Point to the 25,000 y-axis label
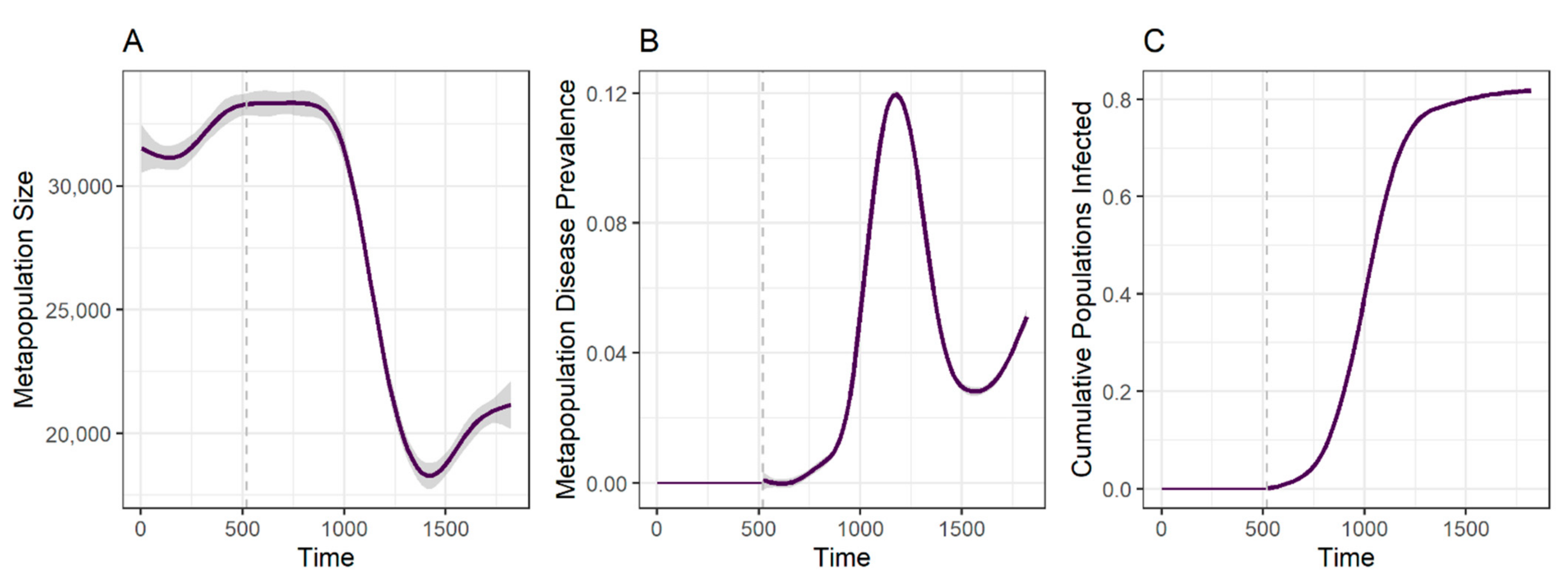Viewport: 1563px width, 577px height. [81, 310]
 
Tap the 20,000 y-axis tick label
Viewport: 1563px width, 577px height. [81, 434]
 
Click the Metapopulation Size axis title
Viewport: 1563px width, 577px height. [24, 289]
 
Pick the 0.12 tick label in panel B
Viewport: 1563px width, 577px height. [607, 94]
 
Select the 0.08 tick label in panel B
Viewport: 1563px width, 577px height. [607, 223]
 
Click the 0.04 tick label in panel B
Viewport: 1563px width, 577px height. [607, 354]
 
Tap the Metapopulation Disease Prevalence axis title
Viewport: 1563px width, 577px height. [566, 289]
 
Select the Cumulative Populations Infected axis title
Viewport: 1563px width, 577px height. [1082, 289]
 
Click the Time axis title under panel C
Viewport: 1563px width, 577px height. [1345, 557]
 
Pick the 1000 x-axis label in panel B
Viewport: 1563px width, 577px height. [860, 529]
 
